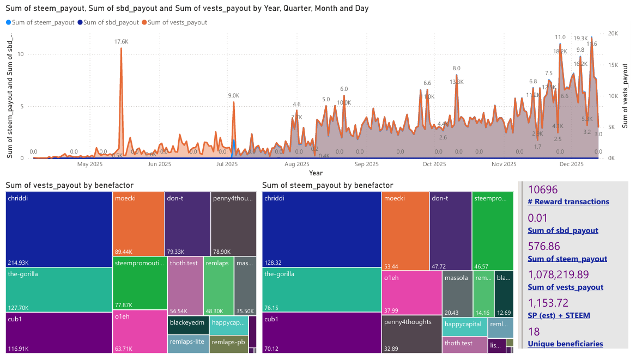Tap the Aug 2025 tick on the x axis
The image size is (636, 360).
point(296,164)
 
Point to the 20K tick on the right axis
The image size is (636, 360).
point(613,33)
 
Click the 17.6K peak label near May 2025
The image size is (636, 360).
point(121,41)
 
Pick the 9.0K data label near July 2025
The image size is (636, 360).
point(234,96)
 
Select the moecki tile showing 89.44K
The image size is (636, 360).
point(138,224)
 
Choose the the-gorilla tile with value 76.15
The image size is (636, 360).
point(322,289)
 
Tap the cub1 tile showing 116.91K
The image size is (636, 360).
point(59,332)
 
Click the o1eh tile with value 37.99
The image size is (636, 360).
point(411,292)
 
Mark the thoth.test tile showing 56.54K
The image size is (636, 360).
point(185,283)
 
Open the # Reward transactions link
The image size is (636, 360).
point(568,202)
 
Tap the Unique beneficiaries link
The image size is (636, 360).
point(565,344)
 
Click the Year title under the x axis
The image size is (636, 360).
point(316,173)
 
